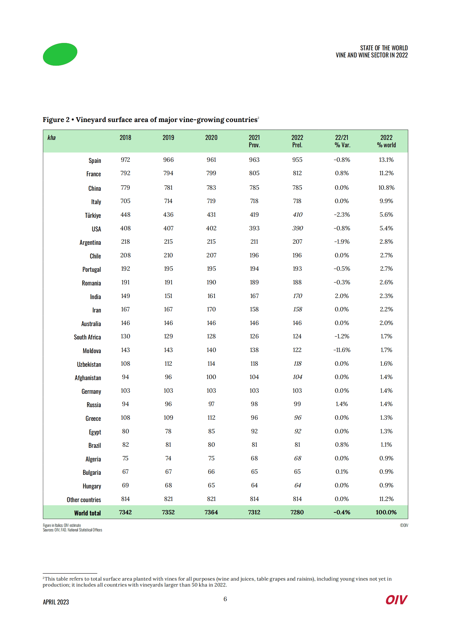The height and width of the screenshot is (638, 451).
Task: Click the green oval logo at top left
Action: pyautogui.click(x=60, y=54)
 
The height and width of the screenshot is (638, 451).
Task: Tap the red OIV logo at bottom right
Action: pyautogui.click(x=396, y=600)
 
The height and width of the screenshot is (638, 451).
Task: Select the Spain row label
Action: pyautogui.click(x=95, y=161)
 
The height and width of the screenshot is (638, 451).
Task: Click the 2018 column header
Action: pyautogui.click(x=125, y=138)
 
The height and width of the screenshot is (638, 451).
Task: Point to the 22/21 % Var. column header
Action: pyautogui.click(x=342, y=141)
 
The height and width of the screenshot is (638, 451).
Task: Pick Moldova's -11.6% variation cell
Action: pyautogui.click(x=342, y=350)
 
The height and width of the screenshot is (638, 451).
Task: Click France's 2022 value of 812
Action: pyautogui.click(x=297, y=173)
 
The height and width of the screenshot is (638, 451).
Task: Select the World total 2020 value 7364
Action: pyautogui.click(x=211, y=512)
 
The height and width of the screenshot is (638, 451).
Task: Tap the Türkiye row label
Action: pyautogui.click(x=93, y=215)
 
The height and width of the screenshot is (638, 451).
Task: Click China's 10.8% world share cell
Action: pyautogui.click(x=386, y=188)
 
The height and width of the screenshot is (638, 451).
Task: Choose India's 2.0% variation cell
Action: pyautogui.click(x=342, y=296)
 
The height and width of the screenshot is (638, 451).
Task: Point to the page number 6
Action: pyautogui.click(x=225, y=599)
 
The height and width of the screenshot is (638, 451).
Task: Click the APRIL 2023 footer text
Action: pyautogui.click(x=56, y=602)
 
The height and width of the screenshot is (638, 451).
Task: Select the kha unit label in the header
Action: pyautogui.click(x=51, y=138)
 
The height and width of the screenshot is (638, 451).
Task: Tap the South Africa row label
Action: pyautogui.click(x=87, y=337)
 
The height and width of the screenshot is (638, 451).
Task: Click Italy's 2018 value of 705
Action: pyautogui.click(x=125, y=201)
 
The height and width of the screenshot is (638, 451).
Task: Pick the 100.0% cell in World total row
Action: pyautogui.click(x=386, y=512)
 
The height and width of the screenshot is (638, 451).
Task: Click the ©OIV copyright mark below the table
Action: pyautogui.click(x=404, y=525)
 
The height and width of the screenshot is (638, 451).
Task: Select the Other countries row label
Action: pyautogui.click(x=84, y=500)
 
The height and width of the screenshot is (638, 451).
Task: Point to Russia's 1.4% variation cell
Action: pyautogui.click(x=342, y=404)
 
